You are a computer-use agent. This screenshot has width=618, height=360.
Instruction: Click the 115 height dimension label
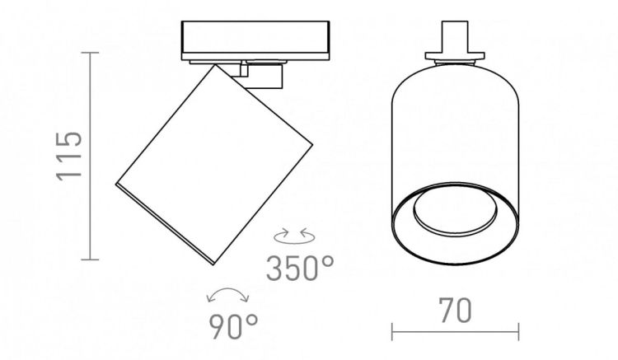(69, 157)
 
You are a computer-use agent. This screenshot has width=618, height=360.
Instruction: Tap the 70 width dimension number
(455, 311)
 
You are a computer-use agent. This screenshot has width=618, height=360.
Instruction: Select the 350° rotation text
(300, 269)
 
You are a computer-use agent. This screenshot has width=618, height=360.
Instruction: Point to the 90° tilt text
(233, 326)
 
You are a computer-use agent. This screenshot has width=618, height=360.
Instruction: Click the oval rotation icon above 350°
(294, 236)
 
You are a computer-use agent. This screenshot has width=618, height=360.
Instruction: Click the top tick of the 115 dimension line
(91, 53)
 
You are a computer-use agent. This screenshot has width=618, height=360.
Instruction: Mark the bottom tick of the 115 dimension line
(91, 259)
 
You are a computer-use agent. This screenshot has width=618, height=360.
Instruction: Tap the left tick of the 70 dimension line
(392, 332)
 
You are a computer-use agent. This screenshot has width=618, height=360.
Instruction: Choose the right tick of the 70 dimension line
(518, 332)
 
